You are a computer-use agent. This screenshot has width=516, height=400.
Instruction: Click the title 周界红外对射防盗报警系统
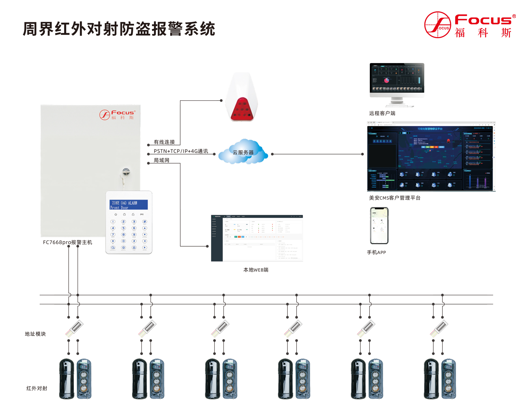pos(119,29)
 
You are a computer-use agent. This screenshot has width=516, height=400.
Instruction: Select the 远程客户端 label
pos(382,113)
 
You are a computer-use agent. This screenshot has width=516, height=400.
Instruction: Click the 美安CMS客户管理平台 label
pos(395,198)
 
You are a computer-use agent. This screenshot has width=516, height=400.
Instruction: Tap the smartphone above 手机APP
pos(379,225)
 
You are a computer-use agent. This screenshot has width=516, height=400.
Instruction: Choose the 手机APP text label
pos(376,252)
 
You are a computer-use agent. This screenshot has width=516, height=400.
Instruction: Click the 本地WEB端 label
pos(256,270)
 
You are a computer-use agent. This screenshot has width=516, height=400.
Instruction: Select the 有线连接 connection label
pos(164,142)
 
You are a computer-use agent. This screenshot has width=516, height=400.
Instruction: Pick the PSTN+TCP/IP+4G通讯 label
pos(181,151)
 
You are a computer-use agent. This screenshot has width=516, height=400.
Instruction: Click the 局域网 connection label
pos(162,160)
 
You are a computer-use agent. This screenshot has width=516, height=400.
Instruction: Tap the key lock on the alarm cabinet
pos(126,172)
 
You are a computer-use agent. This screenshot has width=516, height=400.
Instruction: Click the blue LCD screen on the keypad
pos(128,205)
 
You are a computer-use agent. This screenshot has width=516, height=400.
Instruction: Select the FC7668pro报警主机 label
pos(67,242)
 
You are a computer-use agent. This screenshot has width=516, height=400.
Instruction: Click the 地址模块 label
pos(35,334)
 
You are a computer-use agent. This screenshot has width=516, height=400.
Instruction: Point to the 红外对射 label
pos(37,388)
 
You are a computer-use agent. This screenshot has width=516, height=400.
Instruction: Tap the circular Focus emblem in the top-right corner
pos(437,25)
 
